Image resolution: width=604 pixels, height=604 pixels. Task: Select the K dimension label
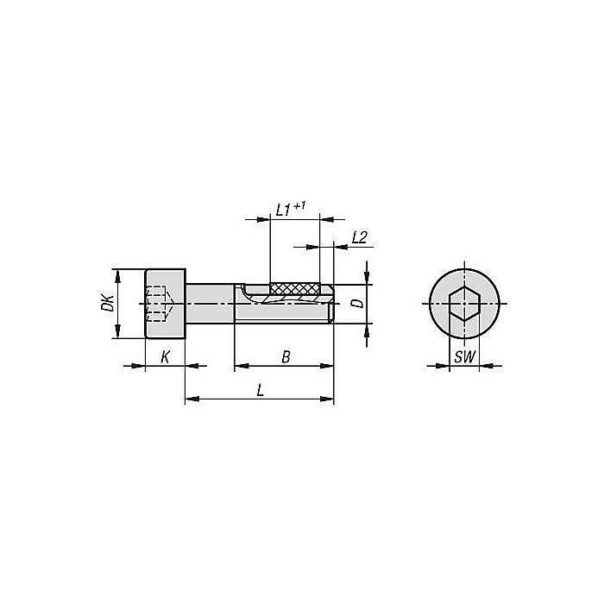point(165,356)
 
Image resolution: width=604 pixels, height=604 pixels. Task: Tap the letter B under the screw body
point(285,356)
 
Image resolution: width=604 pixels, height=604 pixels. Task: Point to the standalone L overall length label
point(260,390)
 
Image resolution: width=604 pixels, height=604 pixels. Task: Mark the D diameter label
point(355,304)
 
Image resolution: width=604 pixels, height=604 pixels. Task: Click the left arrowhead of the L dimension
point(191,400)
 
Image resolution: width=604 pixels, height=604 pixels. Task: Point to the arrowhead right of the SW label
point(488,367)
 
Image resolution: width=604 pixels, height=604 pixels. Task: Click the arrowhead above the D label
point(368,279)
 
